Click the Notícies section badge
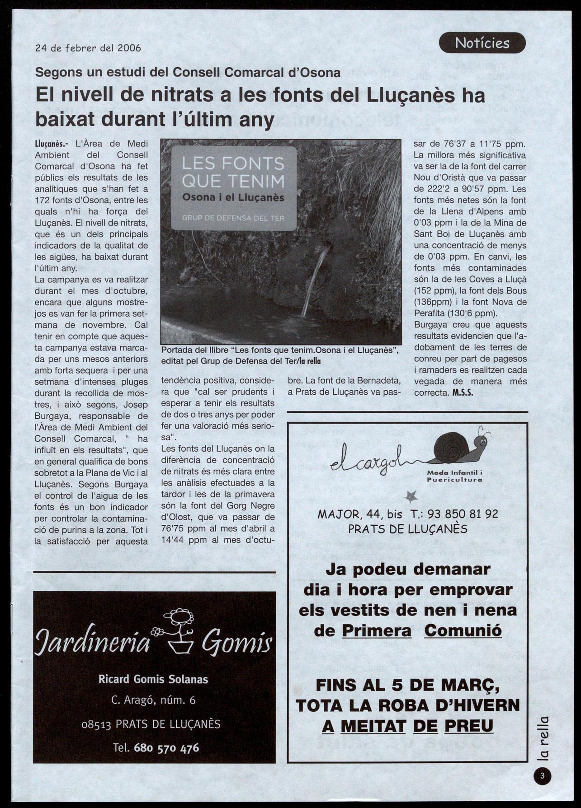[482, 43]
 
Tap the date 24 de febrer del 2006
[88, 48]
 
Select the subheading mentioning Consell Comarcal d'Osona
[188, 72]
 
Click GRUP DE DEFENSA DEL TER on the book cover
[233, 218]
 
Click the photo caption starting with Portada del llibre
[279, 355]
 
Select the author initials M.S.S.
[463, 392]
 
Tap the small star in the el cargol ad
[411, 497]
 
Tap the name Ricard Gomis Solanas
[153, 679]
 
